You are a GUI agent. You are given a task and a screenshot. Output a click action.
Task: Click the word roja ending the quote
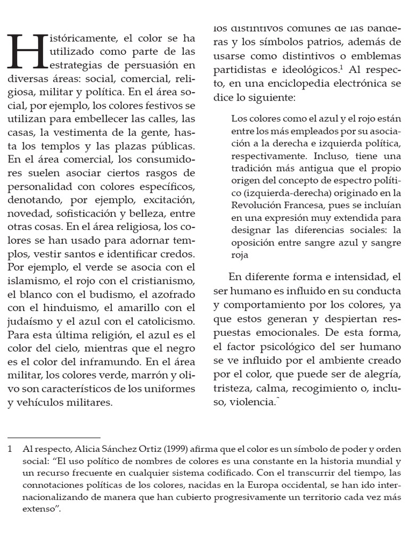(240, 255)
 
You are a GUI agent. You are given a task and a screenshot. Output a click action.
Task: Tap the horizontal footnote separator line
(54, 437)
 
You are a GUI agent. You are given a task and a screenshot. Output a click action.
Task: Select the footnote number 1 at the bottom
(10, 450)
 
